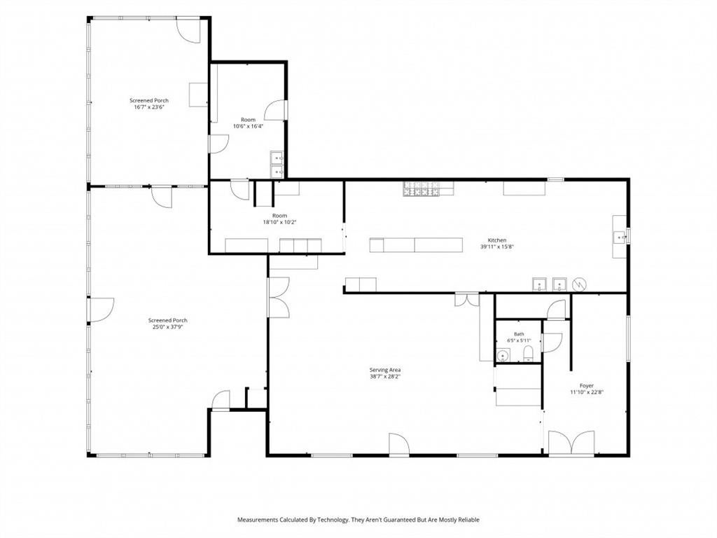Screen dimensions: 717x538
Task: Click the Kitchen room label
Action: (x=497, y=240)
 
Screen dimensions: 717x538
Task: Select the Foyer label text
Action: (x=587, y=386)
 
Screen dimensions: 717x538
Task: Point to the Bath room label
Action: (x=519, y=334)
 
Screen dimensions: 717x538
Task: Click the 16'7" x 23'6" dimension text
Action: (x=149, y=107)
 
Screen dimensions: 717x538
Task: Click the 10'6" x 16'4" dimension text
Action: (x=249, y=126)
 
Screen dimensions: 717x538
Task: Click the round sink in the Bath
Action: (x=503, y=355)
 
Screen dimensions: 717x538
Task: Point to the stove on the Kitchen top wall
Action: (x=421, y=188)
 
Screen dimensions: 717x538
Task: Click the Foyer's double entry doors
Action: (x=571, y=443)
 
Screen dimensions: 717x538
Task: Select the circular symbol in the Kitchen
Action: (x=580, y=284)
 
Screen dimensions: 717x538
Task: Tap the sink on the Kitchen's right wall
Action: (x=620, y=237)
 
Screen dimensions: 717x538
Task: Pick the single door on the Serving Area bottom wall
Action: (x=398, y=444)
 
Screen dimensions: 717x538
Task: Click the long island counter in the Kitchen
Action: (x=416, y=244)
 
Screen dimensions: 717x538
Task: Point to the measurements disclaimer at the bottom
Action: (x=358, y=520)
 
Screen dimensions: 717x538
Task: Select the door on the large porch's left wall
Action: (x=100, y=310)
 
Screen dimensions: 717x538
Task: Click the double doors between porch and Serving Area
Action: (x=278, y=297)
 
